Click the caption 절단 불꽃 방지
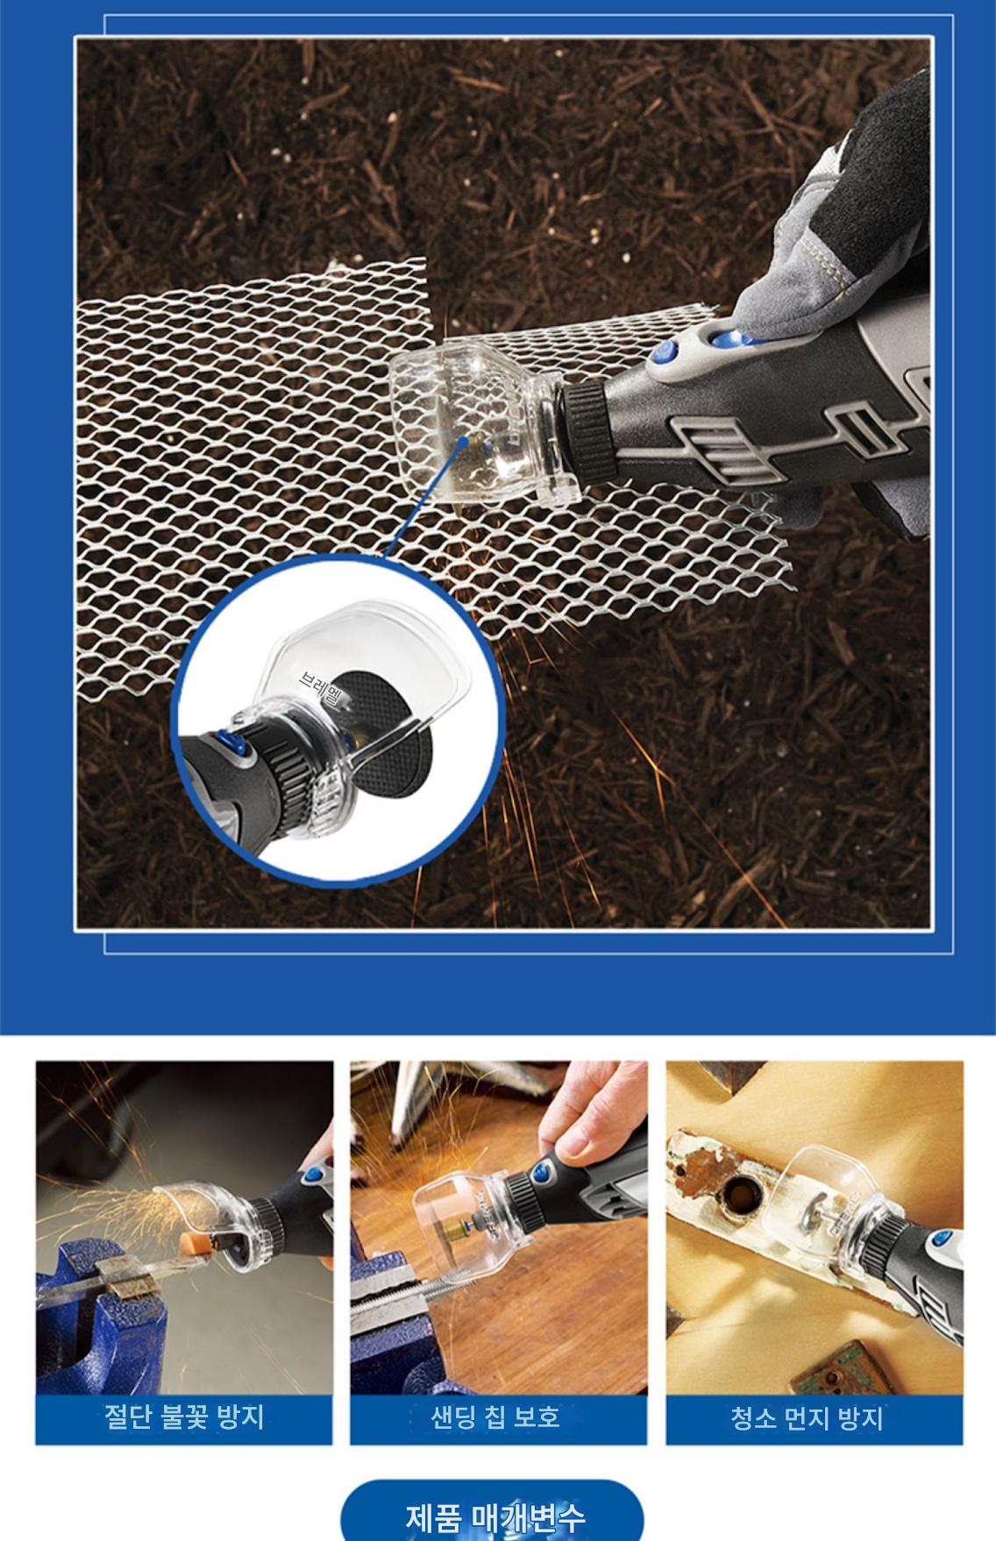coord(184,1417)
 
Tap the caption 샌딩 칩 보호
coord(495,1417)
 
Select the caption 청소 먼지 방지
coord(807,1417)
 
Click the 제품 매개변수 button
coord(492,1511)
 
